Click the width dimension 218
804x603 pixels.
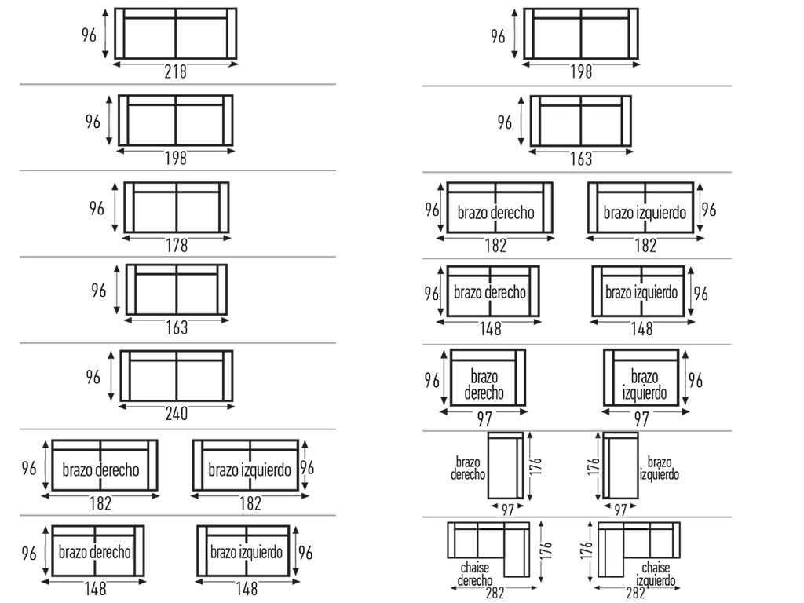click(x=176, y=71)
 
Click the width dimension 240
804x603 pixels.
click(x=177, y=413)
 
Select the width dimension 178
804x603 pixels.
click(x=177, y=246)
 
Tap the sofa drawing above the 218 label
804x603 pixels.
click(x=176, y=34)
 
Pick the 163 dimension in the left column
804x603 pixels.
click(x=177, y=327)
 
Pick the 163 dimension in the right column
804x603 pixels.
click(x=581, y=159)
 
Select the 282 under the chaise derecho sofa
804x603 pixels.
click(x=495, y=594)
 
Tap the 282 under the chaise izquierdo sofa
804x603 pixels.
click(x=636, y=594)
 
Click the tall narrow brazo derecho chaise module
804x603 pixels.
click(x=506, y=465)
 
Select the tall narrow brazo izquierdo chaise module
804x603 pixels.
click(x=620, y=465)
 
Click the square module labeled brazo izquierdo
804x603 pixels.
click(x=641, y=378)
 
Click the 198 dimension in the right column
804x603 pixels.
click(x=581, y=72)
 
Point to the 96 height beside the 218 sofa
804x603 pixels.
click(x=91, y=35)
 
